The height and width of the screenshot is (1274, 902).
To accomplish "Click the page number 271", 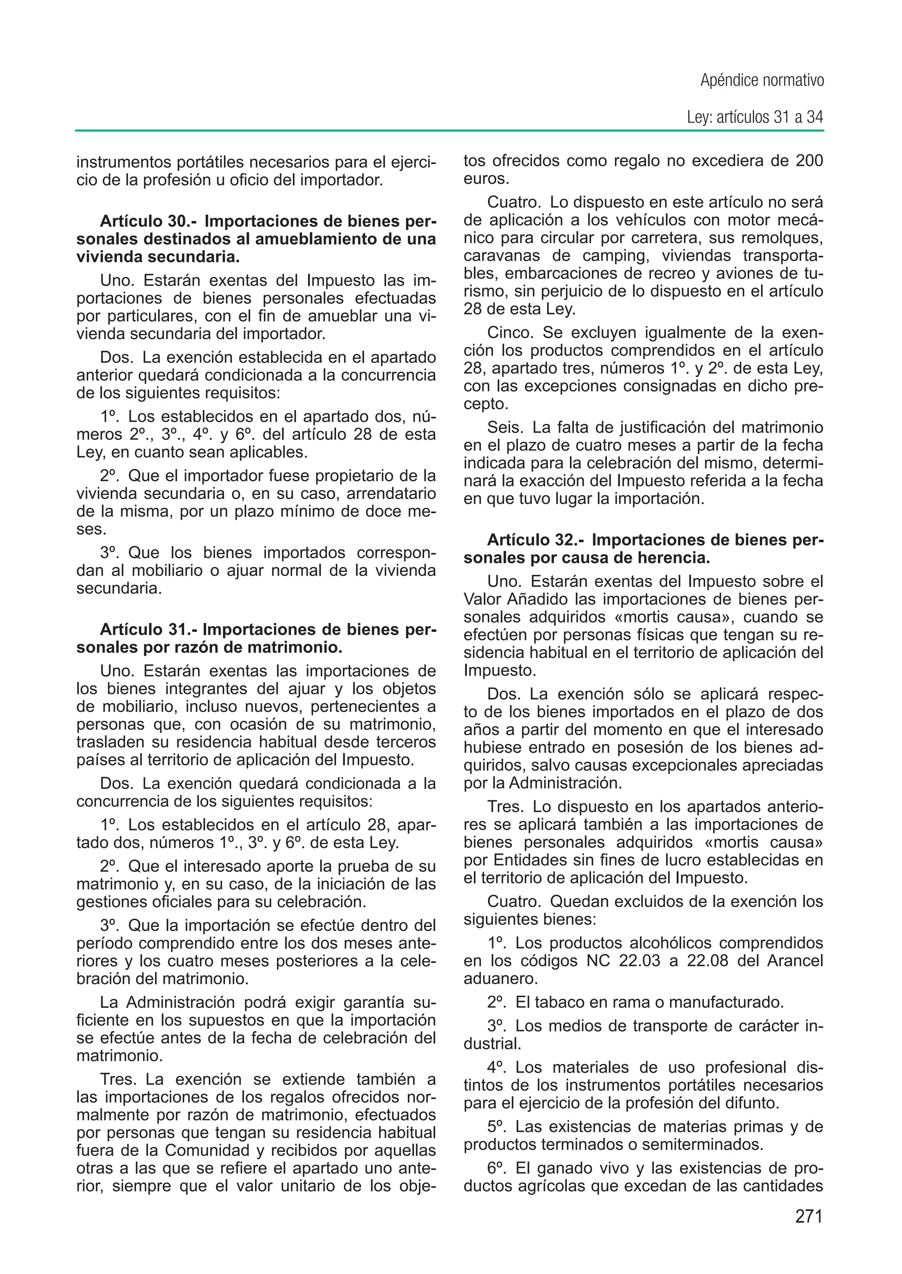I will (x=808, y=1216).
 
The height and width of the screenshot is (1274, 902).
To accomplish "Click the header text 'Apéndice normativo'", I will (x=762, y=81).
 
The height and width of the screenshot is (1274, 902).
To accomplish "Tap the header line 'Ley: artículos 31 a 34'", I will (x=755, y=117).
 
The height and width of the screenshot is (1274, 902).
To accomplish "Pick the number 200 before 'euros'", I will (x=809, y=161).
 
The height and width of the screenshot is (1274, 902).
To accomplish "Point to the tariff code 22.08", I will (x=707, y=961).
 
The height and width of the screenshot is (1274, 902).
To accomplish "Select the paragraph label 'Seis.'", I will (x=506, y=427).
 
